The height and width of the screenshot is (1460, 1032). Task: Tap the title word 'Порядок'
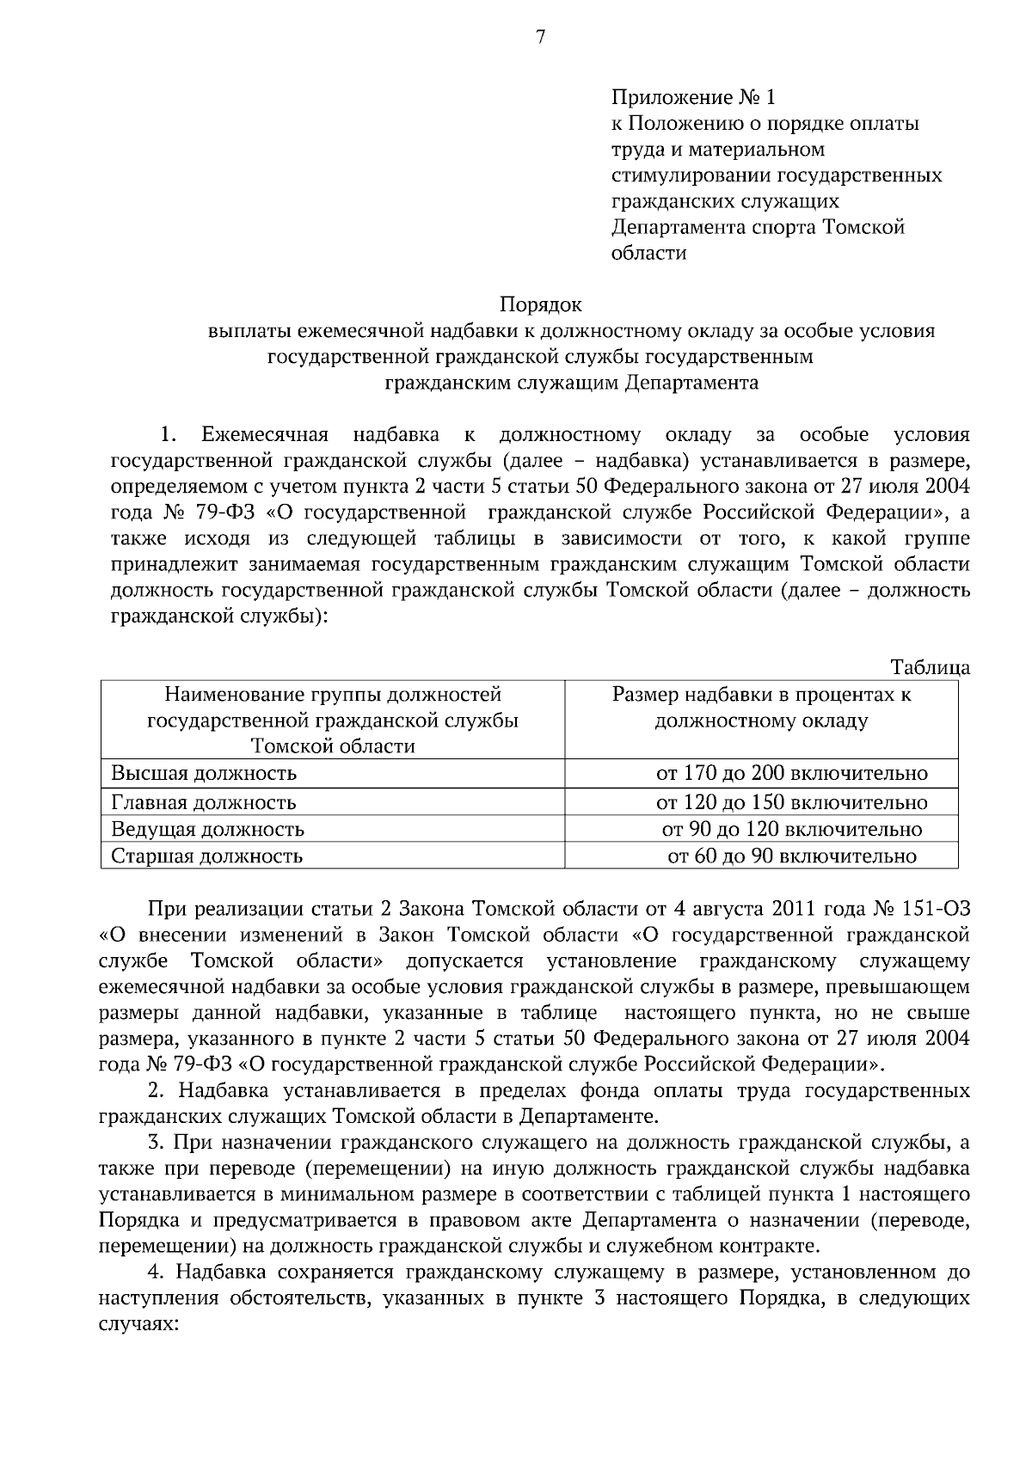(540, 305)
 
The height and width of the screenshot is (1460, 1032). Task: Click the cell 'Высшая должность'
(204, 773)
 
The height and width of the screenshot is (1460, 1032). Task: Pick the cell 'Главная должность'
(204, 802)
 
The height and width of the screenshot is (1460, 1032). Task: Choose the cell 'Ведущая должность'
(207, 830)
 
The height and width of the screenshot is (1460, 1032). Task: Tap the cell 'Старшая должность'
(206, 856)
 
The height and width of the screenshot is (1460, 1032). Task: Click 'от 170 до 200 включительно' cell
(791, 773)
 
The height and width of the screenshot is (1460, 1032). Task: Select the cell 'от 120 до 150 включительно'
(791, 802)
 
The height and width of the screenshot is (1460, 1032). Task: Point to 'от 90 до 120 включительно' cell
(791, 830)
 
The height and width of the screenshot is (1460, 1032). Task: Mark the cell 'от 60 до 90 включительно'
(791, 856)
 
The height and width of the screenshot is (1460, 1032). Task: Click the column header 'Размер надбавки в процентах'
(761, 695)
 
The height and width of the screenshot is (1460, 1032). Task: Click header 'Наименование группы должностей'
(332, 695)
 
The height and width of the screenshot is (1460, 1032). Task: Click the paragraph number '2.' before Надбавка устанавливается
(156, 1091)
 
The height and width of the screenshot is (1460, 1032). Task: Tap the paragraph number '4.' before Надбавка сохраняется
(156, 1272)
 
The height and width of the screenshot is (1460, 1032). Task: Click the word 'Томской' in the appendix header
(864, 227)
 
